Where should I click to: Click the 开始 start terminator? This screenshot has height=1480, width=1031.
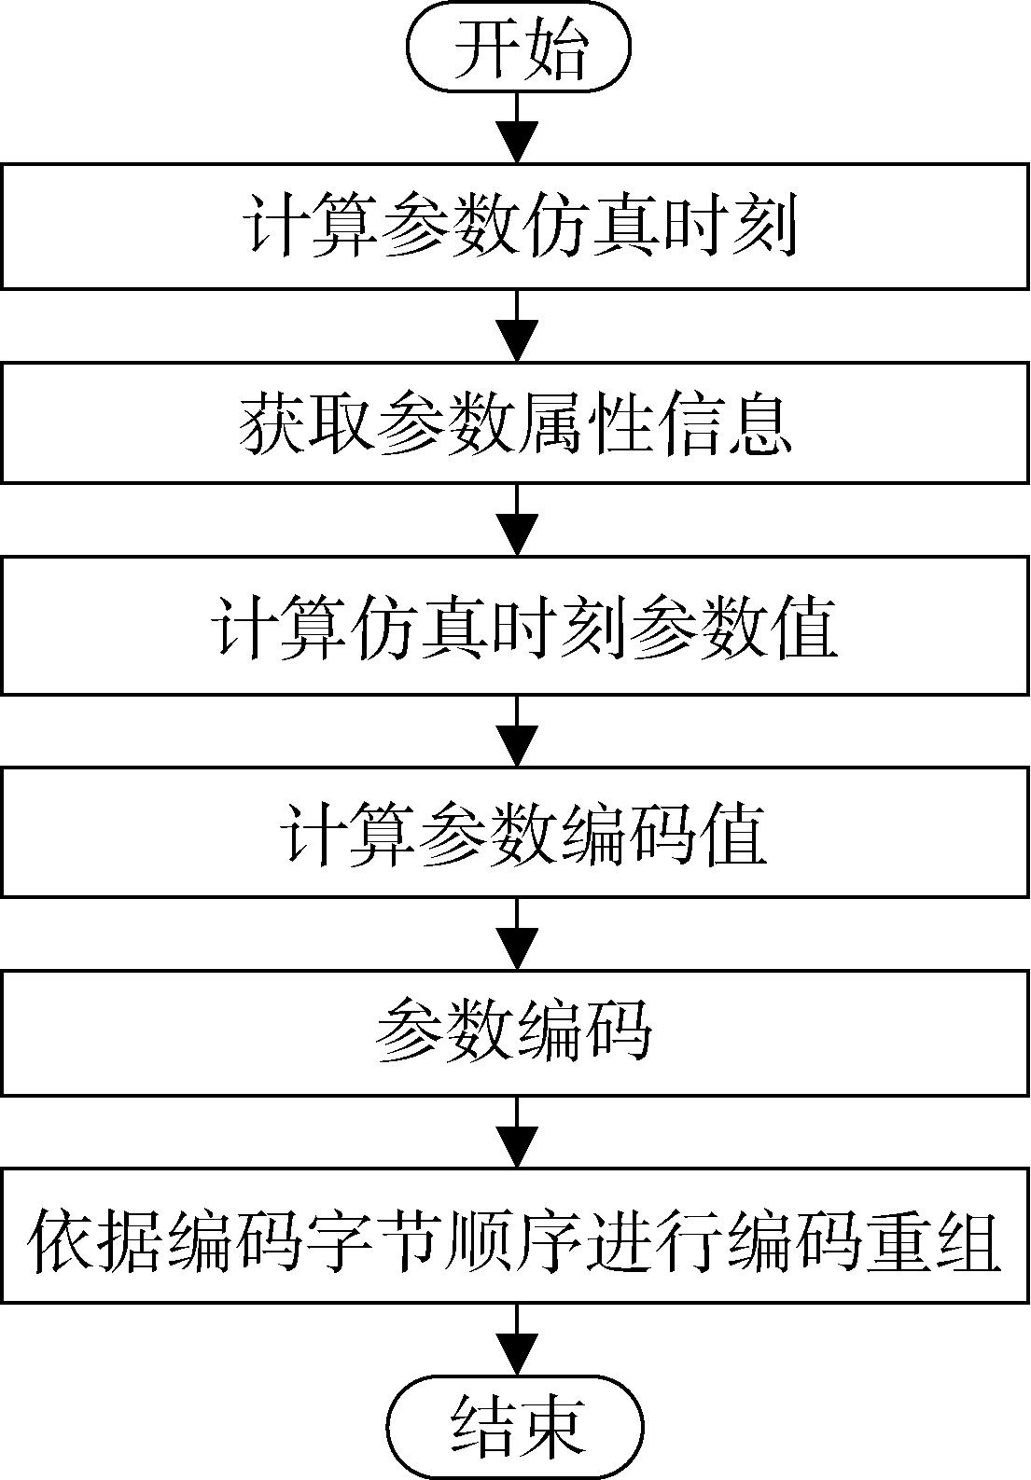point(518,47)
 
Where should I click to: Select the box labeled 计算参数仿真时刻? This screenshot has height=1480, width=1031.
point(515,227)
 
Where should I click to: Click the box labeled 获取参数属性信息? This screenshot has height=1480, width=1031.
point(515,422)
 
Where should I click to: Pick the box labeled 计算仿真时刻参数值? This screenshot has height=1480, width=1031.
point(515,625)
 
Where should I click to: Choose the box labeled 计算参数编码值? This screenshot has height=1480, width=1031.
point(515,831)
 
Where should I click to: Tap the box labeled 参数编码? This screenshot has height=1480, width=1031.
point(515,1031)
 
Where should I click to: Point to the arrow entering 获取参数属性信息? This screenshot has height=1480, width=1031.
point(518,325)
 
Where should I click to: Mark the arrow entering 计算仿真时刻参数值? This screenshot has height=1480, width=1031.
point(518,520)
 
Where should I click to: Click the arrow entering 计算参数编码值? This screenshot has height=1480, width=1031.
point(518,731)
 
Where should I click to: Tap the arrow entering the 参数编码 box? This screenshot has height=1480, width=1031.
point(518,933)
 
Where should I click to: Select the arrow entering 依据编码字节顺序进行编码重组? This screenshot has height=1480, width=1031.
point(518,1131)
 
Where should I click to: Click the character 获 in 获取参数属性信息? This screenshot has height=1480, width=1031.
point(272,424)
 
